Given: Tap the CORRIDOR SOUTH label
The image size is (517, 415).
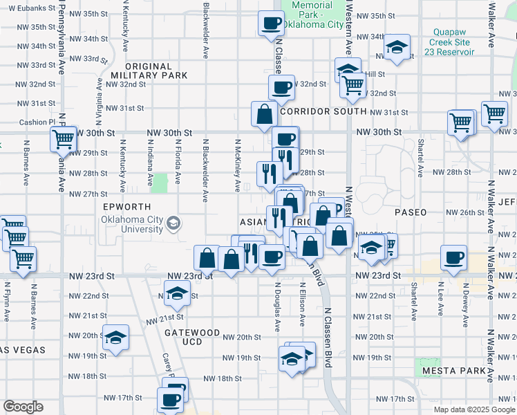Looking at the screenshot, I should pos(323,111).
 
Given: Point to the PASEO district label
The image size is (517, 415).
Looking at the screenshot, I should pos(411,212).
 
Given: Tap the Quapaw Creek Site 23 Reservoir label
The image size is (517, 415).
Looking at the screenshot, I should pos(453,41).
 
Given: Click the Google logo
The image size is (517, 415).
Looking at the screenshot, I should pos(23,407).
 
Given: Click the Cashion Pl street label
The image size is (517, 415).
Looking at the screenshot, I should pos(32,122).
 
